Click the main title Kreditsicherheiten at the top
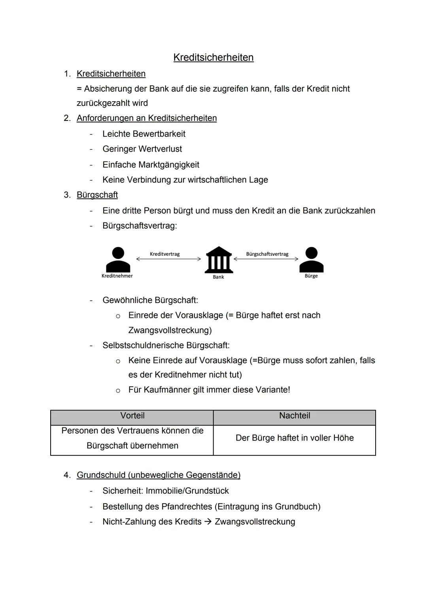coord(213,58)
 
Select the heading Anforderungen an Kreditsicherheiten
coord(147,118)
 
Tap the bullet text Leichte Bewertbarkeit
coord(144,134)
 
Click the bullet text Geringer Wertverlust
coord(142,149)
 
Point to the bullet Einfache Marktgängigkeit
coord(151,165)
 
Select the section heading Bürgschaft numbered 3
coord(97,195)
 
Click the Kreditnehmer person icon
coord(118,260)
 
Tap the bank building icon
coord(218,260)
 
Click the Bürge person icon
coord(311,260)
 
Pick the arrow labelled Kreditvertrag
coord(169,259)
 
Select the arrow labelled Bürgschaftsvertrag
coord(266,259)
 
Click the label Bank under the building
coord(218,277)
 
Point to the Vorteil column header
coord(132,416)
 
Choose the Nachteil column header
coord(295,416)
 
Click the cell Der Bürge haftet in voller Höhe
coord(295,438)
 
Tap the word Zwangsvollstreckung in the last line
coord(255,522)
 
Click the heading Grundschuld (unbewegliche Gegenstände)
coord(159,475)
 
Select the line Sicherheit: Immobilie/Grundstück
coord(166,491)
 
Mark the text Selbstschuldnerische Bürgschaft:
coord(166,346)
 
